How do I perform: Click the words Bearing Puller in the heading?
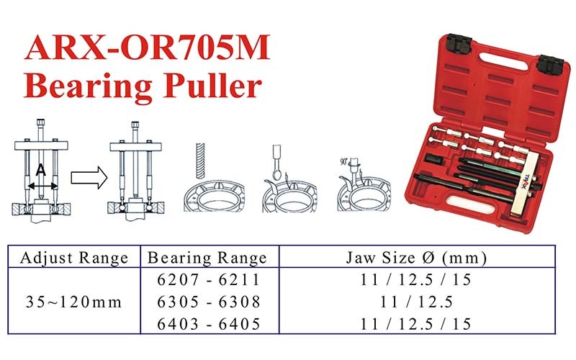pyautogui.click(x=142, y=86)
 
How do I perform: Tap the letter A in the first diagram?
pyautogui.click(x=41, y=171)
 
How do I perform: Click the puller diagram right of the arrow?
pyautogui.click(x=138, y=173)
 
